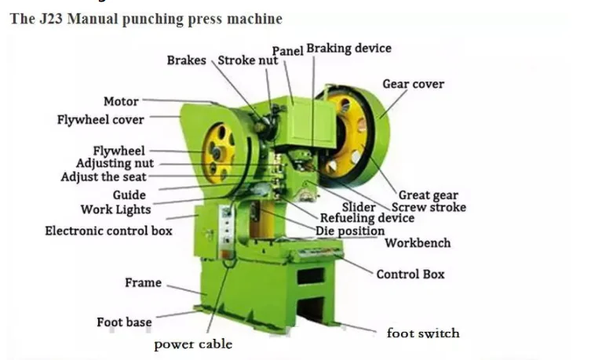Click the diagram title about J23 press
click(146, 18)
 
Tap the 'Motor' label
click(121, 101)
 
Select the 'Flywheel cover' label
click(100, 120)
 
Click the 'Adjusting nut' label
click(115, 164)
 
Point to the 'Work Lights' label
click(115, 209)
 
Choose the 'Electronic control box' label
click(108, 231)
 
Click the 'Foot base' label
click(124, 322)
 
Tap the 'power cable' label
click(193, 344)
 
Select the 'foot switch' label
click(423, 333)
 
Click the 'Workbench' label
click(418, 243)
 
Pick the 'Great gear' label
click(428, 195)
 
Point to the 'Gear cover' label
click(413, 84)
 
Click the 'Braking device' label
click(348, 49)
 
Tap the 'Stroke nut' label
click(247, 60)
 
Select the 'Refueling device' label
click(367, 218)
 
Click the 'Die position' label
click(350, 231)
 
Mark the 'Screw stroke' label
click(429, 207)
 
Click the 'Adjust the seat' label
click(104, 177)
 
